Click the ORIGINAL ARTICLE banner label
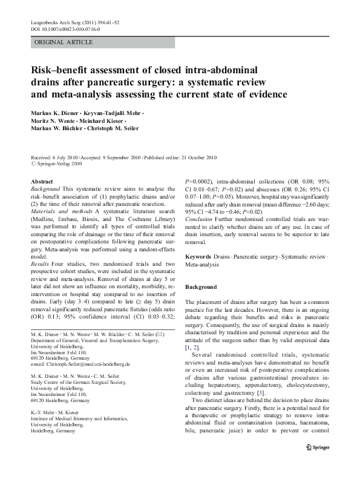(64, 42)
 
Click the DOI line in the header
(65, 29)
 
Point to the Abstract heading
(41, 181)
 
